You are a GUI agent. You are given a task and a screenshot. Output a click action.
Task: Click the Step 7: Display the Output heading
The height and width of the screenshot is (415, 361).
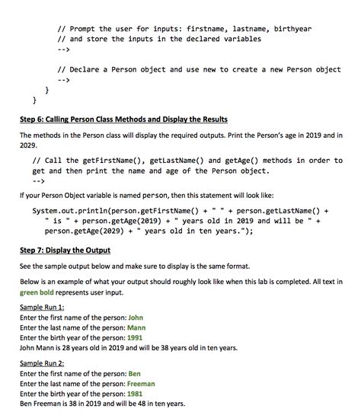pyautogui.click(x=65, y=250)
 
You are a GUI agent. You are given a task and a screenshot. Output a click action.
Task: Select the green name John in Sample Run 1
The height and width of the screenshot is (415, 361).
pyautogui.click(x=136, y=317)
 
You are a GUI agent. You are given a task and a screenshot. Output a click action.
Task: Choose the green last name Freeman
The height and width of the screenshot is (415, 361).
pyautogui.click(x=144, y=385)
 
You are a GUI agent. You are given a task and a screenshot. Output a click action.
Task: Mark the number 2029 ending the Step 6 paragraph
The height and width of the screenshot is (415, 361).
pyautogui.click(x=29, y=145)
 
